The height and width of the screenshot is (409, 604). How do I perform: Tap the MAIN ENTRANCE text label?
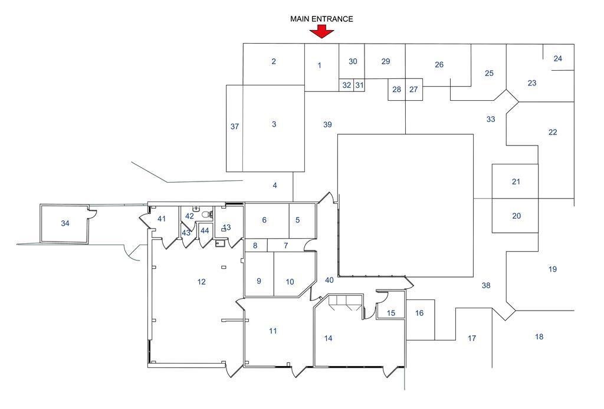(321, 19)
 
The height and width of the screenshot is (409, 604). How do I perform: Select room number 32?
(347, 85)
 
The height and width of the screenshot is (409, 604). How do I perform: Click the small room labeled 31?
(359, 85)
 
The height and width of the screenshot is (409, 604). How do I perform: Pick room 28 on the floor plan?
(396, 90)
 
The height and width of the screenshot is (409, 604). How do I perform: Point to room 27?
(413, 90)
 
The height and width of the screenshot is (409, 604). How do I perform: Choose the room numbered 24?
(558, 58)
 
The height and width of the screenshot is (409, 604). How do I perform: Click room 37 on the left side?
(235, 127)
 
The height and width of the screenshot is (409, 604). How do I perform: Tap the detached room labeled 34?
(65, 223)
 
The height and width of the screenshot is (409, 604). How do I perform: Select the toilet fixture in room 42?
(206, 215)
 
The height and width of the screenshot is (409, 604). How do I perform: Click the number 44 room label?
(205, 230)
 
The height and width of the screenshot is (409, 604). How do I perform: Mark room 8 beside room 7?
(255, 245)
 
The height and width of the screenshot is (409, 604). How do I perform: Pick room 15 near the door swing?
(391, 313)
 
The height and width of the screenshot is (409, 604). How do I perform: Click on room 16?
(419, 313)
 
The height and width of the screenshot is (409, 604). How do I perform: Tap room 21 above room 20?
(516, 182)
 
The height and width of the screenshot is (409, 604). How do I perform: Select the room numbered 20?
(516, 216)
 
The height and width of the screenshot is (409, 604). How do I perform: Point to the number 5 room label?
(298, 220)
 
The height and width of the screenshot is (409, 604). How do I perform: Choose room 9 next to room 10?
(259, 281)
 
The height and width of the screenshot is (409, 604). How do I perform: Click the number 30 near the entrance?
(353, 61)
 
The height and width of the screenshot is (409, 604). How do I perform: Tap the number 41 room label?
(162, 219)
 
